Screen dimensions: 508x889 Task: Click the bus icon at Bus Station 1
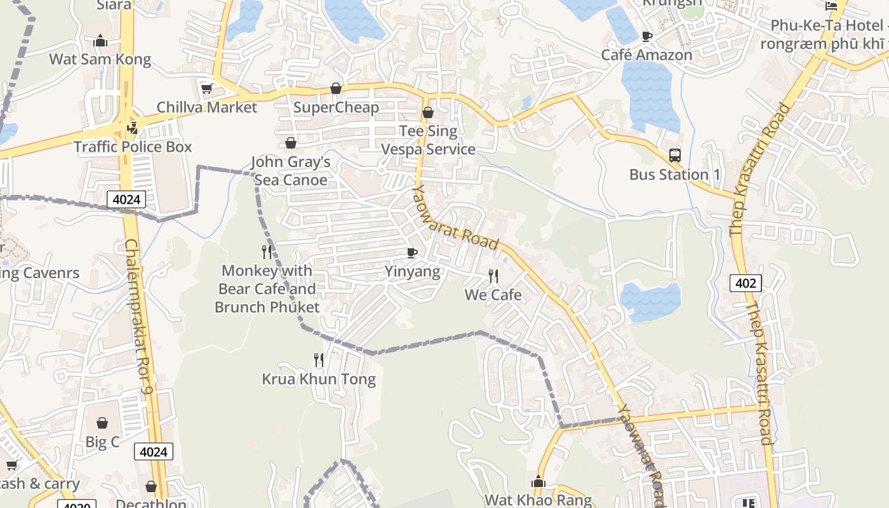tap(674, 155)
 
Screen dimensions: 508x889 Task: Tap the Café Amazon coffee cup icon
tap(647, 36)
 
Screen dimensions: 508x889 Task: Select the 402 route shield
tap(745, 283)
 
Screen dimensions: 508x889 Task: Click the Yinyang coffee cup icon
tap(412, 253)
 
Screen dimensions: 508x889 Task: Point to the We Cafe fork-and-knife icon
tap(493, 276)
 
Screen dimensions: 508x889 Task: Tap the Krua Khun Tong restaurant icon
tap(319, 360)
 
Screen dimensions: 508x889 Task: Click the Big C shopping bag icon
tap(102, 422)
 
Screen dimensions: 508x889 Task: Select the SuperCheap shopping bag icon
tap(336, 88)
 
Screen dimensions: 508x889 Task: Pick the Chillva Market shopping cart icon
tap(206, 88)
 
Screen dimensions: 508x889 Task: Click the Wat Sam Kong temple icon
tap(100, 41)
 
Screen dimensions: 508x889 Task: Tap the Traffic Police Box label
tap(133, 147)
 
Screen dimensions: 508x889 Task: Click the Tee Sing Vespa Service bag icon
tap(428, 112)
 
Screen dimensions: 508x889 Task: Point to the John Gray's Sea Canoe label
tap(291, 171)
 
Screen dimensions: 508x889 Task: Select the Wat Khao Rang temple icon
tap(538, 482)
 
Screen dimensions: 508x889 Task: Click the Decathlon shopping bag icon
tap(151, 486)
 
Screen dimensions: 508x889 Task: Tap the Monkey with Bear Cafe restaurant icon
tap(267, 252)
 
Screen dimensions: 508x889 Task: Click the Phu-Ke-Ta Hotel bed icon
tap(831, 6)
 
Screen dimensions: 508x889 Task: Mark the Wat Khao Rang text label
tap(538, 500)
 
